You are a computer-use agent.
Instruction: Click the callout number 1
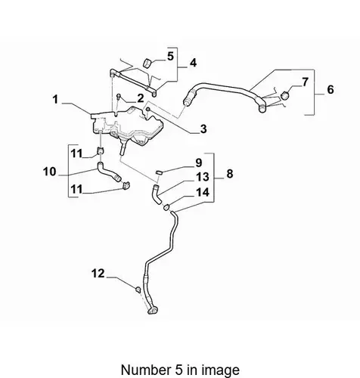[x=55, y=100]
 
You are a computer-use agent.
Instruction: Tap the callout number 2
[x=141, y=98]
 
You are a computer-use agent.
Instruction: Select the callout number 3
[x=203, y=129]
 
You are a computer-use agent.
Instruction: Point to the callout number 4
[x=193, y=63]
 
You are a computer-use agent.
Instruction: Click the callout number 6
[x=331, y=89]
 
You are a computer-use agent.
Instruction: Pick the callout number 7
[x=305, y=82]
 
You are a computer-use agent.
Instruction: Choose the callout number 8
[x=229, y=174]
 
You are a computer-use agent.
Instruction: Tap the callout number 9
[x=199, y=163]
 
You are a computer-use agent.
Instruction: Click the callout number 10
[x=50, y=172]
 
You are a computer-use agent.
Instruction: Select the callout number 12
[x=98, y=274]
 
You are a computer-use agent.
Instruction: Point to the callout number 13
[x=203, y=177]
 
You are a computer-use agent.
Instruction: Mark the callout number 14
[x=203, y=192]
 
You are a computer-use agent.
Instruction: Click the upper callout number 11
[x=76, y=153]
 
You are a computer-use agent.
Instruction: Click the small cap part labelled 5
[x=147, y=63]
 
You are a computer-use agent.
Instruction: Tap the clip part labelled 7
[x=285, y=95]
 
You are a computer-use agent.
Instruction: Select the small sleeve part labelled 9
[x=158, y=172]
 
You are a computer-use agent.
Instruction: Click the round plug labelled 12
[x=138, y=290]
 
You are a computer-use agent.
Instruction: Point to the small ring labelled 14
[x=166, y=207]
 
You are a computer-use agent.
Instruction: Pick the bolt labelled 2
[x=119, y=96]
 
